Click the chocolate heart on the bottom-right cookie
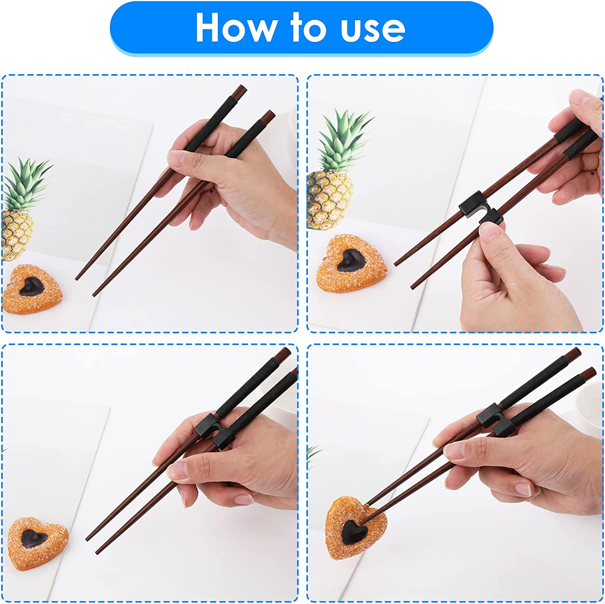352,531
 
